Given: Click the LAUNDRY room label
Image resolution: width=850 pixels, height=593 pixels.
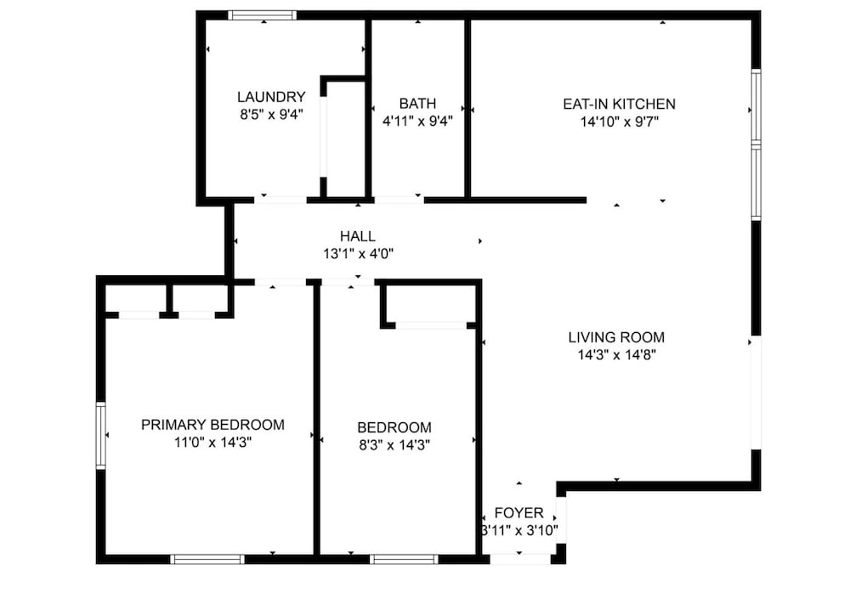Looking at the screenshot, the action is [271, 97].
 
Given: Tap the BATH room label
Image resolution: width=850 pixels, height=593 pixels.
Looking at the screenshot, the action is [417, 104].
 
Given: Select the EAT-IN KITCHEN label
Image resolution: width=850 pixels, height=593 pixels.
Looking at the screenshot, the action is [619, 104].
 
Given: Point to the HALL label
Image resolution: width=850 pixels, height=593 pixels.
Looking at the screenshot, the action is [358, 236].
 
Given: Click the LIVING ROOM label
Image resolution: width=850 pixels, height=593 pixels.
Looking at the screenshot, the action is [616, 337].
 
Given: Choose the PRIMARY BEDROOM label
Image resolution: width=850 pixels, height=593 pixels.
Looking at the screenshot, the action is [212, 425].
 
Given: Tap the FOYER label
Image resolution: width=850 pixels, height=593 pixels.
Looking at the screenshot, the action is [518, 513].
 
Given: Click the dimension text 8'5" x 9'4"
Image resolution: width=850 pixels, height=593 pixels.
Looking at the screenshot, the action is [271, 115].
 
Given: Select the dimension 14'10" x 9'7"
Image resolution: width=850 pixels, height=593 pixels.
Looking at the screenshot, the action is [619, 122].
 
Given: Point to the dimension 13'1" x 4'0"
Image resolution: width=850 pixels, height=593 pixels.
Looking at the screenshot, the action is [358, 254].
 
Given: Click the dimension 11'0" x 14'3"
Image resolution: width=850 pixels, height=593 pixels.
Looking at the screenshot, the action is [212, 443].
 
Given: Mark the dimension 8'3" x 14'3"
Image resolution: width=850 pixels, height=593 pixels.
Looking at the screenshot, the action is [394, 445].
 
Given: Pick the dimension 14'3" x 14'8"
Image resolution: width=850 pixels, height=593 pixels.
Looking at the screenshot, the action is [616, 355].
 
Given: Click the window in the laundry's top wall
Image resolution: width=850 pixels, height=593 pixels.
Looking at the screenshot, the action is [263, 15].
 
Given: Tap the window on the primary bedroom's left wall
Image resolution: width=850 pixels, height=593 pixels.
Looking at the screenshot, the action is [101, 435].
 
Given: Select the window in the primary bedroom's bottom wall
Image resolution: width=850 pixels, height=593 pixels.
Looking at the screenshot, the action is [207, 559].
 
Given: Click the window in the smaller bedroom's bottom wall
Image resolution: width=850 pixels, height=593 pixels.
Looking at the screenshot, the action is [404, 559].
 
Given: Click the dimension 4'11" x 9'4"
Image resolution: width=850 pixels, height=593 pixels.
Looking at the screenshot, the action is [417, 121].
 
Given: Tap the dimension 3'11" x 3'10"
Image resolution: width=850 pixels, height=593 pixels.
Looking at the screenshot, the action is [520, 531].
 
